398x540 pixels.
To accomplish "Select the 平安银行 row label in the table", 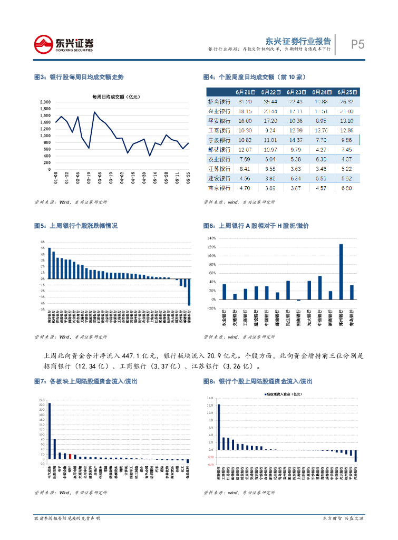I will click(218, 121).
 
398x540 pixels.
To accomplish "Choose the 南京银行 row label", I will click(218, 187).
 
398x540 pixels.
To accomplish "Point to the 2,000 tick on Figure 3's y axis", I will click(45, 102).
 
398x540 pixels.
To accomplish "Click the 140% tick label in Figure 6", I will click(212, 238).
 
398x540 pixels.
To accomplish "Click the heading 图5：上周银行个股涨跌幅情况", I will click(76, 226).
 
